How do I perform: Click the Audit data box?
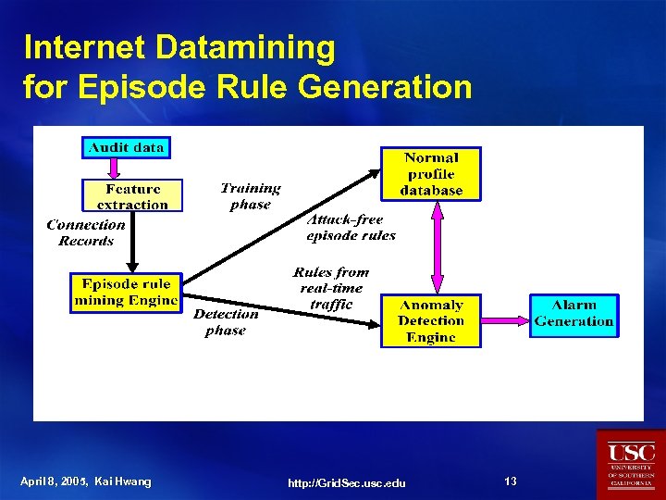pos(127,147)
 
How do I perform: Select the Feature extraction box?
pos(132,196)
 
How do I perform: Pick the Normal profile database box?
pos(431,173)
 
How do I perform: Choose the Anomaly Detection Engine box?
pos(430,321)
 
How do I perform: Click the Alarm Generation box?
pos(573,314)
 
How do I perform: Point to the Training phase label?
pos(250,195)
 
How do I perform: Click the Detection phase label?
pos(226,322)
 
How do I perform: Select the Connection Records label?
pos(86,232)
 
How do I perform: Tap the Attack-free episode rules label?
pos(351,227)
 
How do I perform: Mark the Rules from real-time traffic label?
pos(331,288)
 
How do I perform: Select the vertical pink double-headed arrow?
pos(438,248)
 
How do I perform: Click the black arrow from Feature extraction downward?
pos(132,242)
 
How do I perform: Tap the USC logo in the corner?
pos(631,464)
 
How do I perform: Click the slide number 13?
pos(511,481)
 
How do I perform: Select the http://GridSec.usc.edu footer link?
pos(347,483)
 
